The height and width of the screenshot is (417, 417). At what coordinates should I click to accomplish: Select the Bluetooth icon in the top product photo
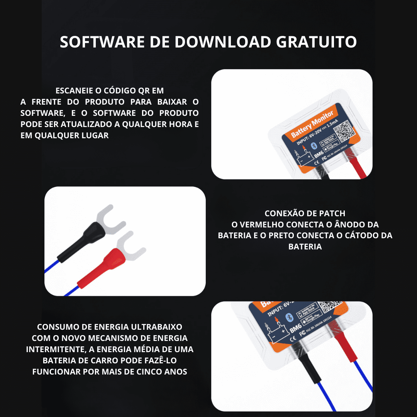coord(314,145)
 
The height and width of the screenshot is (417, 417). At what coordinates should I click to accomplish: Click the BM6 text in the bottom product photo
coord(295,330)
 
